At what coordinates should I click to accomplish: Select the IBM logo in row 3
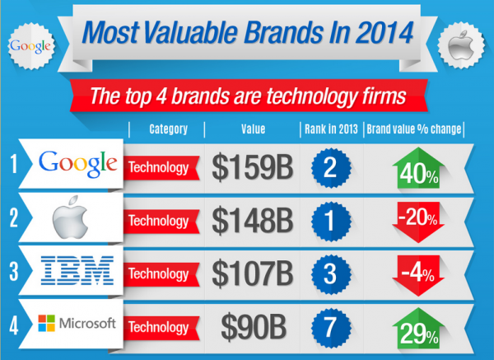[79, 271]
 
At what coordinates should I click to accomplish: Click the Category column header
[168, 129]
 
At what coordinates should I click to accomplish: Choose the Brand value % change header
[414, 129]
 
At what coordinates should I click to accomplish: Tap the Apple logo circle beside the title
[464, 42]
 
